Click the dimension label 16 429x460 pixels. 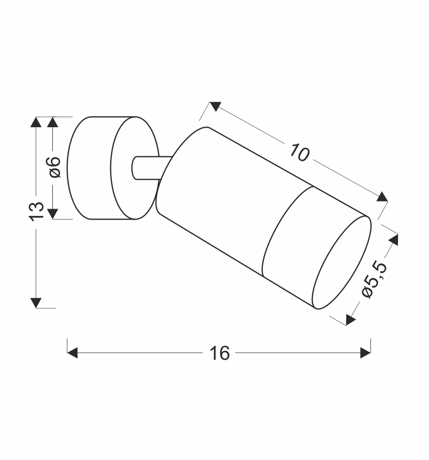220,353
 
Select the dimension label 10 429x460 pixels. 299,152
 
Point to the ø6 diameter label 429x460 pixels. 53,167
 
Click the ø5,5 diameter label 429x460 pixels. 375,279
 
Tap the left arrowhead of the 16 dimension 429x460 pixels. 73,353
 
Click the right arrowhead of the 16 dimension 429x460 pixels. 365,353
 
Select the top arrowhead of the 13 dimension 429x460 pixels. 36,122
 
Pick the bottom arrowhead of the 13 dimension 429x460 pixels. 36,303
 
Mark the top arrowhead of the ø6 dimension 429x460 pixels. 53,122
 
